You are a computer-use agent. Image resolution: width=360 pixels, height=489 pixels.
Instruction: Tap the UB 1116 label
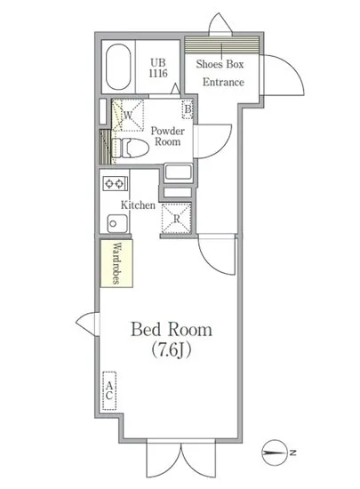[157, 68]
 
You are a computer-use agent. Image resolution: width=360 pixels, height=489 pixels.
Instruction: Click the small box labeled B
[188, 110]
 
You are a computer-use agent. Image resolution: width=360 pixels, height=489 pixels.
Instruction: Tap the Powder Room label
[166, 135]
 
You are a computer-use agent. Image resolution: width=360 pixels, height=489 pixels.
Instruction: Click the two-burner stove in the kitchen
[115, 184]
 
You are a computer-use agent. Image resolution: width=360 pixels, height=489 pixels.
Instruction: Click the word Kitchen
[139, 205]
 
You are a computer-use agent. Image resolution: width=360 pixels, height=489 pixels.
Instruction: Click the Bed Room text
[172, 331]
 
